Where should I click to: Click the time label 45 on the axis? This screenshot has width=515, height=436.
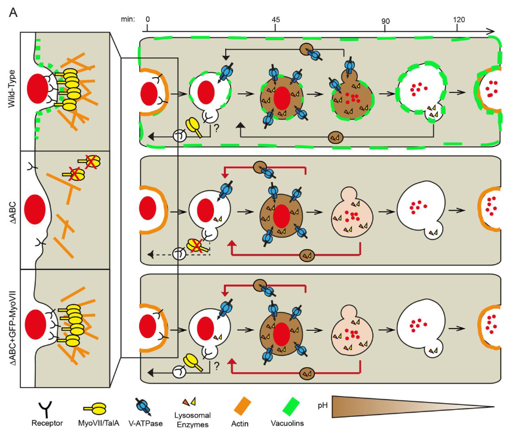pyautogui.click(x=276, y=20)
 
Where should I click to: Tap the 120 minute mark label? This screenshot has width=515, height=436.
pyautogui.click(x=459, y=20)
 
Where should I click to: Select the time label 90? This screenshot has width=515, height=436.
pyautogui.click(x=385, y=21)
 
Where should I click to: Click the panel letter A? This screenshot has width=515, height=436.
pyautogui.click(x=13, y=13)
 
